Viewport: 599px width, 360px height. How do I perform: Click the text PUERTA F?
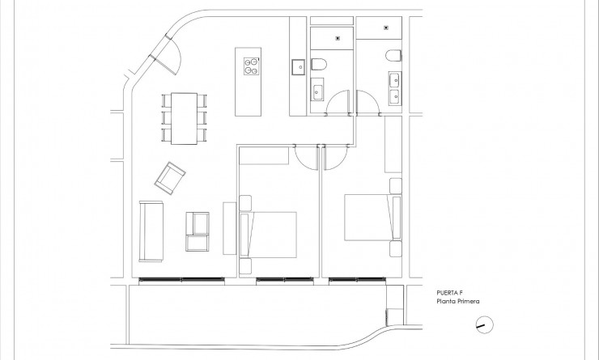pyautogui.click(x=448, y=294)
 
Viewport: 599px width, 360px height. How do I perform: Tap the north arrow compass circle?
pyautogui.click(x=483, y=325)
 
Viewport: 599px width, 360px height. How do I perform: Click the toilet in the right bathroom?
pyautogui.click(x=393, y=56)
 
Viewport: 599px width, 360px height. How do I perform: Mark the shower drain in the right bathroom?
pyautogui.click(x=385, y=28)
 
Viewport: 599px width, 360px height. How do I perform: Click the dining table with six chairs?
pyautogui.click(x=184, y=118)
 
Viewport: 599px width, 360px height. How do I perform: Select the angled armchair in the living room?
pyautogui.click(x=172, y=178)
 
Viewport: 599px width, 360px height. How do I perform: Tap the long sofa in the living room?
pyautogui.click(x=151, y=231)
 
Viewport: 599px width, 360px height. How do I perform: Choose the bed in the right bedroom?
pyautogui.click(x=370, y=216)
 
